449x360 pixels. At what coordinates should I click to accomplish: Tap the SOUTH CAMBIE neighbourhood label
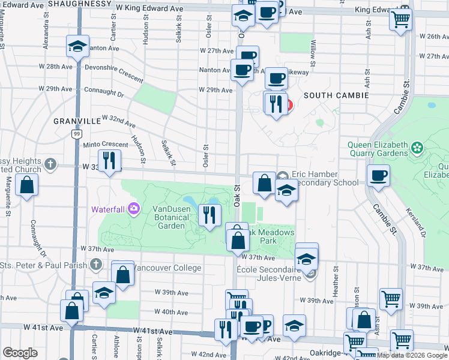pyautogui.click(x=332, y=95)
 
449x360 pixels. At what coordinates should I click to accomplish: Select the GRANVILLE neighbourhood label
pyautogui.click(x=77, y=121)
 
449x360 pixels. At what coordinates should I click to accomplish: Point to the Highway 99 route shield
pyautogui.click(x=76, y=133)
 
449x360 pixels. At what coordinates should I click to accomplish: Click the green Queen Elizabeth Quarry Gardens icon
pyautogui.click(x=417, y=146)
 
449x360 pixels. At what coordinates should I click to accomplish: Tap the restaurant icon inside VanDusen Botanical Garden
pyautogui.click(x=209, y=215)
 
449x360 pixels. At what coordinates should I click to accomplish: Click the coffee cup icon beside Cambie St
pyautogui.click(x=378, y=176)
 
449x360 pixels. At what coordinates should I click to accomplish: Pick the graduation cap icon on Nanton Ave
pyautogui.click(x=78, y=46)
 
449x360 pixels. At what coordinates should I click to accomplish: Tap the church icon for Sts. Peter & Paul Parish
pyautogui.click(x=96, y=264)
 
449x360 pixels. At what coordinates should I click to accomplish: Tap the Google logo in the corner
pyautogui.click(x=20, y=353)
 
